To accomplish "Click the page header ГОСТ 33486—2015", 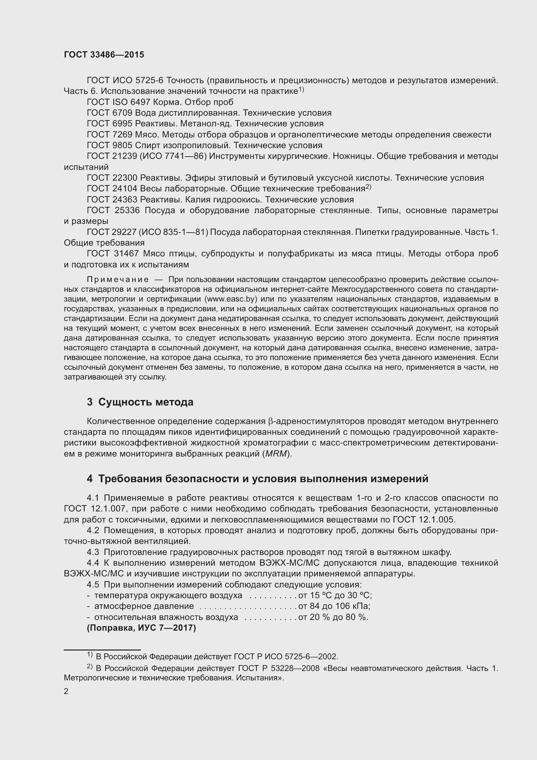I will click(x=104, y=55).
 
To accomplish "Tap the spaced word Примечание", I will click(x=118, y=280).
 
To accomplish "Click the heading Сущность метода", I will click(x=146, y=403).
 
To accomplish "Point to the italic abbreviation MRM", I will click(x=276, y=454).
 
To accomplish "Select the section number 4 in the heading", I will click(x=90, y=479).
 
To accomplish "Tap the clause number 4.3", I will click(x=93, y=552).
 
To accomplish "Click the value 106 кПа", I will click(x=355, y=606).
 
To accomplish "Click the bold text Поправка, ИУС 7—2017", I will click(x=142, y=628).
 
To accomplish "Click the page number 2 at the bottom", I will click(x=66, y=691).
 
